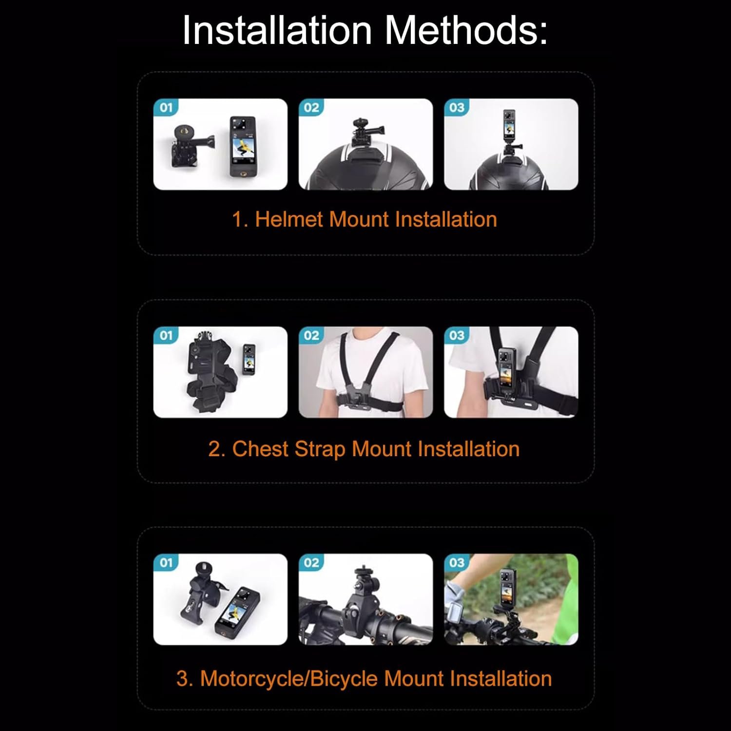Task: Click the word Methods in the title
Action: [466, 31]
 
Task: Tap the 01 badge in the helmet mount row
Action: [166, 107]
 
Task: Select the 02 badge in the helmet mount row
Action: [311, 107]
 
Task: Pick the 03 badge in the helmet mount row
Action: [457, 107]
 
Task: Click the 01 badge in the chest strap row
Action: [166, 335]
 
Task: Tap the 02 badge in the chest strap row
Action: [311, 335]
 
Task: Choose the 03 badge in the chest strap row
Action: [457, 335]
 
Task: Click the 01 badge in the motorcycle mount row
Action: [166, 562]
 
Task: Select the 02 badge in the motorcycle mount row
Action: [311, 562]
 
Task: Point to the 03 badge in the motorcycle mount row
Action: [457, 562]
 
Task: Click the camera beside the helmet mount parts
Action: [243, 146]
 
